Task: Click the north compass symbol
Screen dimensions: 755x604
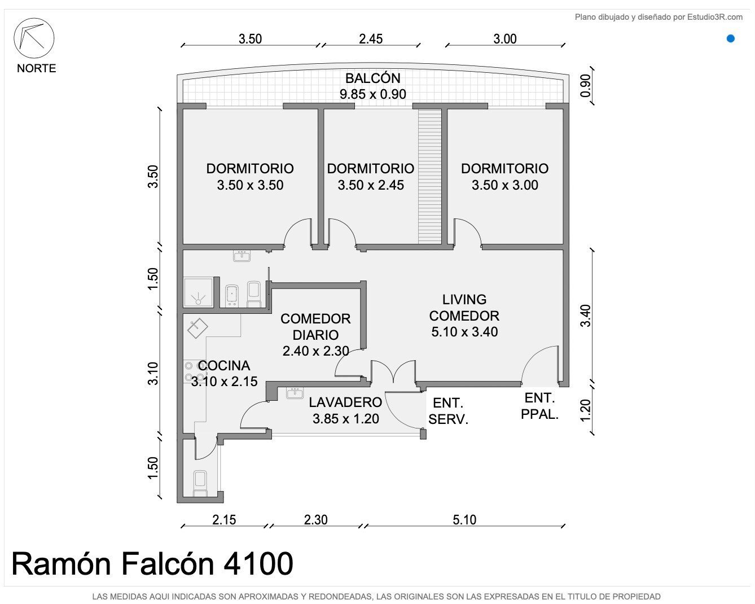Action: tap(34, 38)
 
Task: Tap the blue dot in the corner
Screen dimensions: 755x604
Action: tap(730, 38)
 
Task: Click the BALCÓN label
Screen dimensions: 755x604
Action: tap(372, 78)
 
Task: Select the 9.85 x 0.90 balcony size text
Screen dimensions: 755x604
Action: tap(372, 94)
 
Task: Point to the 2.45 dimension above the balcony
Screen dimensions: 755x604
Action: tap(371, 39)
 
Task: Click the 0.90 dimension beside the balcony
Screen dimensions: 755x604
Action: tap(586, 86)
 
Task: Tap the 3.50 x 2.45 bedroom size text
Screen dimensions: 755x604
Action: tap(371, 185)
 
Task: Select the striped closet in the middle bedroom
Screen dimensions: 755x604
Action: tap(430, 176)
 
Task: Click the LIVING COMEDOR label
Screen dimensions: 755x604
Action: tap(464, 308)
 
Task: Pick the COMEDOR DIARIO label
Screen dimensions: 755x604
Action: tap(315, 327)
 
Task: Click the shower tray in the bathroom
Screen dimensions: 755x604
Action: tap(198, 292)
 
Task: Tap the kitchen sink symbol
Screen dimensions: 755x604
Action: tap(197, 328)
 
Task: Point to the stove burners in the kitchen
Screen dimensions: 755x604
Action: tap(194, 371)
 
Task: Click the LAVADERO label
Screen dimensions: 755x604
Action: tap(345, 402)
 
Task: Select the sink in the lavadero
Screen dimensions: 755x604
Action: tap(295, 393)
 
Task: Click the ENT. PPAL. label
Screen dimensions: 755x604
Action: tap(539, 406)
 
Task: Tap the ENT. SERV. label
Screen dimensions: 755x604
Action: tap(449, 411)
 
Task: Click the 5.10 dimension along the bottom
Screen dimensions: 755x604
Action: tap(464, 520)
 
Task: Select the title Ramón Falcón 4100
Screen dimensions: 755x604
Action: tap(152, 563)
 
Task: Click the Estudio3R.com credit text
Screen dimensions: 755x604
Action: tap(659, 17)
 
